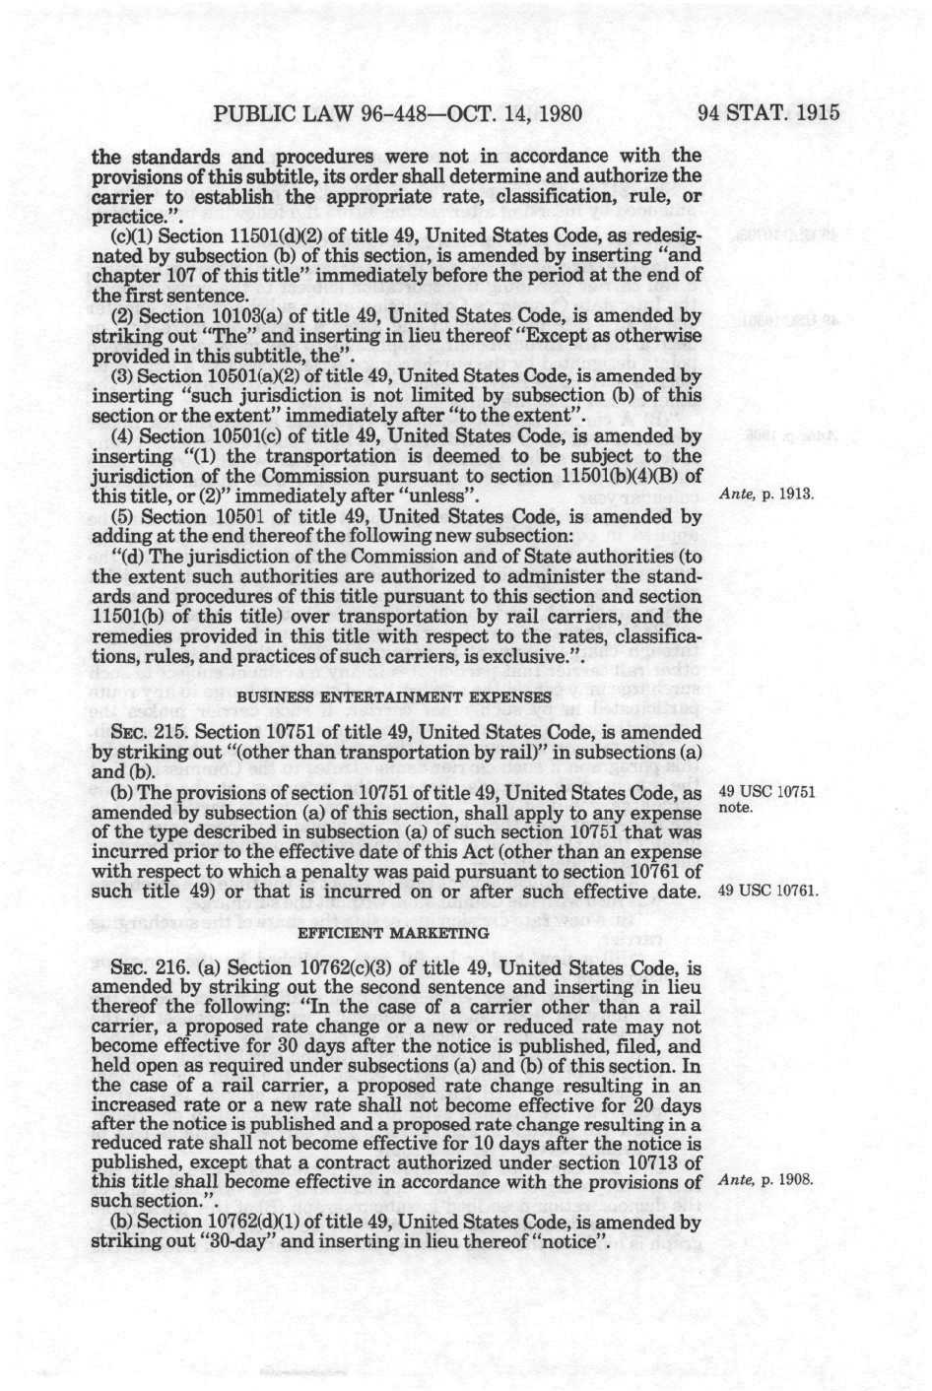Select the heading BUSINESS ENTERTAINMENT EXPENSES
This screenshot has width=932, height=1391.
pyautogui.click(x=393, y=697)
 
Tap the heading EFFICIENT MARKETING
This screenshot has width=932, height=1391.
pyautogui.click(x=393, y=932)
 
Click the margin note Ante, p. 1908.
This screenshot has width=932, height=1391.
pyautogui.click(x=767, y=1179)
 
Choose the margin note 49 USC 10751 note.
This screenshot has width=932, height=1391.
pyautogui.click(x=767, y=800)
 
